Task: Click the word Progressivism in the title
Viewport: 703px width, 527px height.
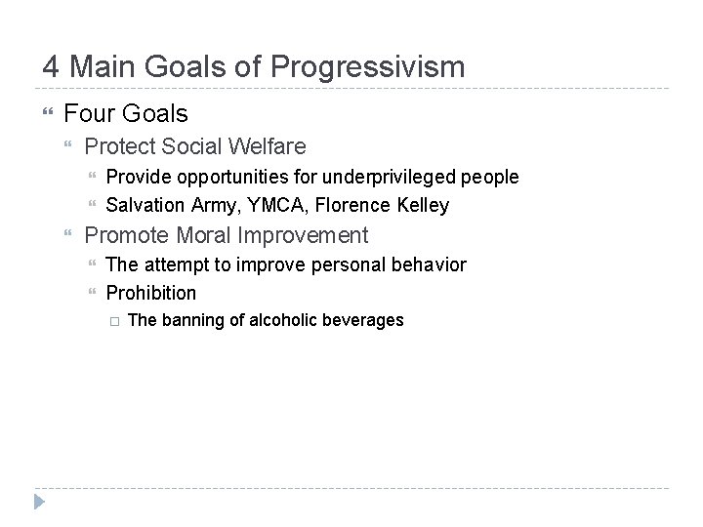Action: coord(368,67)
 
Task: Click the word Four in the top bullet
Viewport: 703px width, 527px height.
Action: coord(89,114)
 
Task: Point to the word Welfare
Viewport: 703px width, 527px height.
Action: coord(268,146)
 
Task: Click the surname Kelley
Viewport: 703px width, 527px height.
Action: coord(423,205)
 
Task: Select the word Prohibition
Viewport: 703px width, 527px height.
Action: coord(150,293)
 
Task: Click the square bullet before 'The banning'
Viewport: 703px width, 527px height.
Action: coord(112,321)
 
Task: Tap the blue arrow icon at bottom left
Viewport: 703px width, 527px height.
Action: coord(40,504)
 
